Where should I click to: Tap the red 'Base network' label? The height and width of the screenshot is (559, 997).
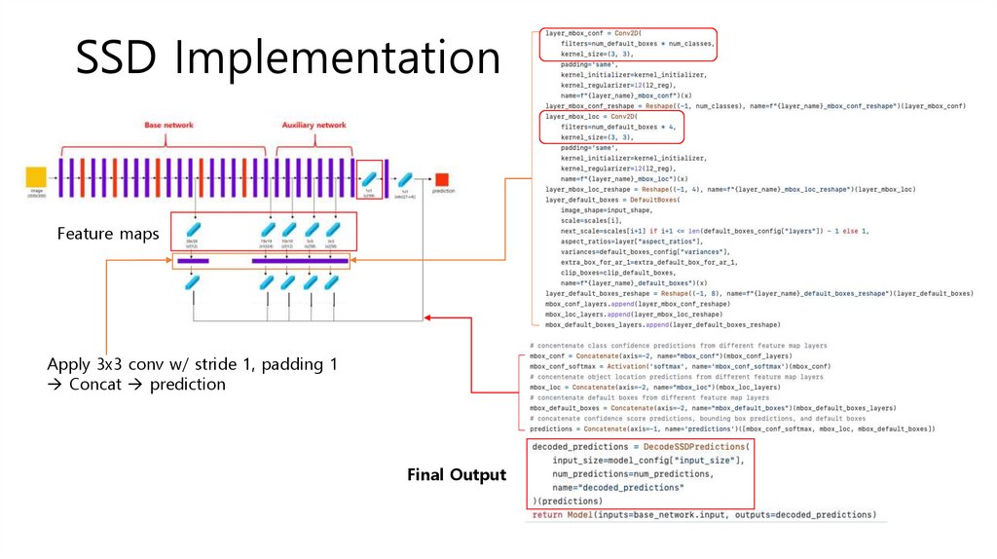coord(168,127)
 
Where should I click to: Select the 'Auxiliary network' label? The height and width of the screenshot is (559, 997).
coord(314,127)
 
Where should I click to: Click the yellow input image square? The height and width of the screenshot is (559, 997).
coord(36,177)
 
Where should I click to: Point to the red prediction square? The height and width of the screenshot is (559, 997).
coord(443,178)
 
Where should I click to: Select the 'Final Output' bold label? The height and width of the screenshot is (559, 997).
coord(457,474)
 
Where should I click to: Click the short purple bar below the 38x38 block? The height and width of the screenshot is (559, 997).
coord(193,261)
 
